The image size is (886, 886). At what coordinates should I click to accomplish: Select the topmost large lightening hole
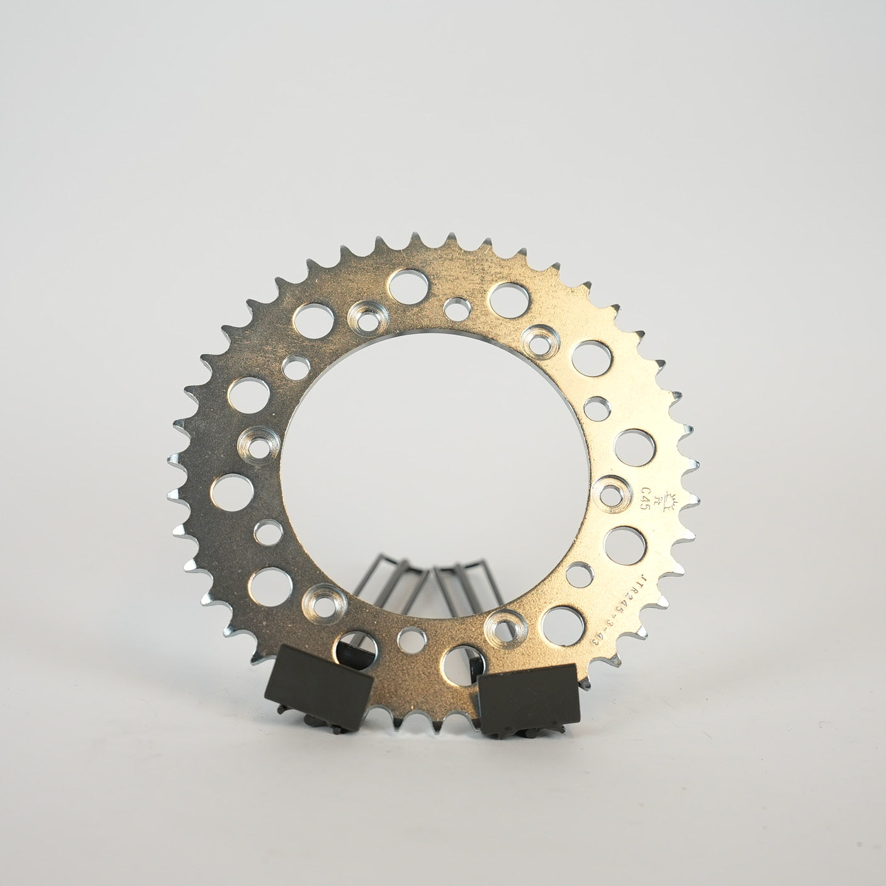pos(406,284)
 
